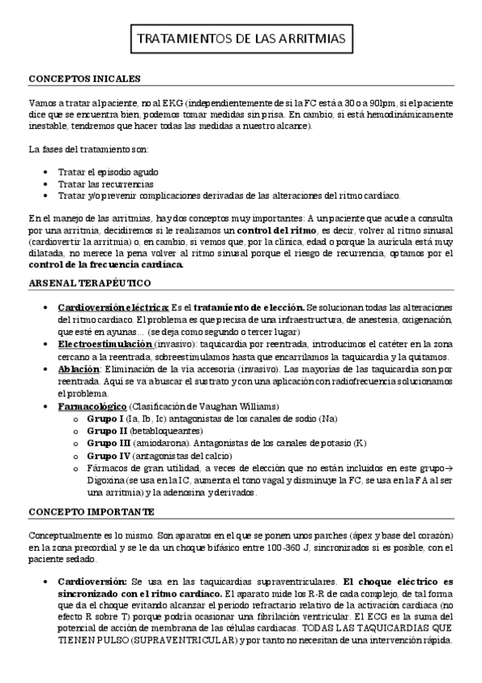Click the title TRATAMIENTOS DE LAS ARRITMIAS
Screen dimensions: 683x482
241,39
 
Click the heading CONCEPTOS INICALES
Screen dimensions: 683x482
84,79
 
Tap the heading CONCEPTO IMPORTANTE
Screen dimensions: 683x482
91,511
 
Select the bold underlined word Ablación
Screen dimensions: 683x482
79,370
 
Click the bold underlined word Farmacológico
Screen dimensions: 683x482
92,407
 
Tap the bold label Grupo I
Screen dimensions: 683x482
105,419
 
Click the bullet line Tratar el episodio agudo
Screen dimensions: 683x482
108,172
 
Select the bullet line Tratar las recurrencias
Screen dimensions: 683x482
105,184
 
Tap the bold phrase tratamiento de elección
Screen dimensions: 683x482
248,308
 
